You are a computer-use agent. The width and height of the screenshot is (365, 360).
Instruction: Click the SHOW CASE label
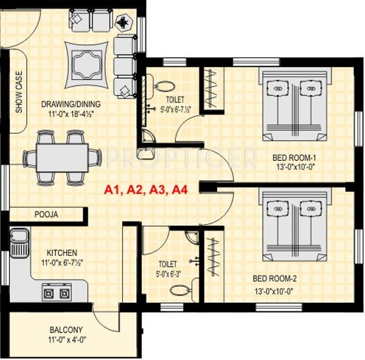click(x=19, y=92)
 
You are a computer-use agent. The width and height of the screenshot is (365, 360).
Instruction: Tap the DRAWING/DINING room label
click(x=71, y=104)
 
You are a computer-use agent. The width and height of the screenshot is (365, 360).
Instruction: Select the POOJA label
click(x=46, y=214)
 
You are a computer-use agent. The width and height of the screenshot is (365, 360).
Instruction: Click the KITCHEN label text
click(x=62, y=253)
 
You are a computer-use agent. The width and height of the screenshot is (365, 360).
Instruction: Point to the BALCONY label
click(x=66, y=330)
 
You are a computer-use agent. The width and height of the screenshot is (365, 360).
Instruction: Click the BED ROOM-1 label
click(x=294, y=158)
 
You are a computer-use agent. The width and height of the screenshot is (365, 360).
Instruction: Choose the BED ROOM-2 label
click(x=275, y=278)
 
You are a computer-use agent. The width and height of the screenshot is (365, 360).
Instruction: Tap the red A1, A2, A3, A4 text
click(x=146, y=190)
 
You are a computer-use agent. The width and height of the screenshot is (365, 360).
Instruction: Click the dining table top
click(x=63, y=158)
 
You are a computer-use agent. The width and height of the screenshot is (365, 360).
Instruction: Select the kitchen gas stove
click(x=57, y=292)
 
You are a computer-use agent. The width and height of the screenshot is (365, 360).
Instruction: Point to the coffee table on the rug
click(x=87, y=65)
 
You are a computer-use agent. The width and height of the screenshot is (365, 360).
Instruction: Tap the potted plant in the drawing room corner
click(x=124, y=23)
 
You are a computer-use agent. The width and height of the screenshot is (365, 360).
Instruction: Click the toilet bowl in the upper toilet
click(x=164, y=86)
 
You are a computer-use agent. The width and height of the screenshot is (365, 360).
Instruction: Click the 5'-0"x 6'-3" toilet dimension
click(x=169, y=274)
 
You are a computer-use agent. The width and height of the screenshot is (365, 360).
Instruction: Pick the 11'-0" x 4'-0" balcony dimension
click(x=68, y=340)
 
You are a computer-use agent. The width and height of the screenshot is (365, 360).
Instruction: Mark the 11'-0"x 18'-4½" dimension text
click(x=71, y=115)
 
